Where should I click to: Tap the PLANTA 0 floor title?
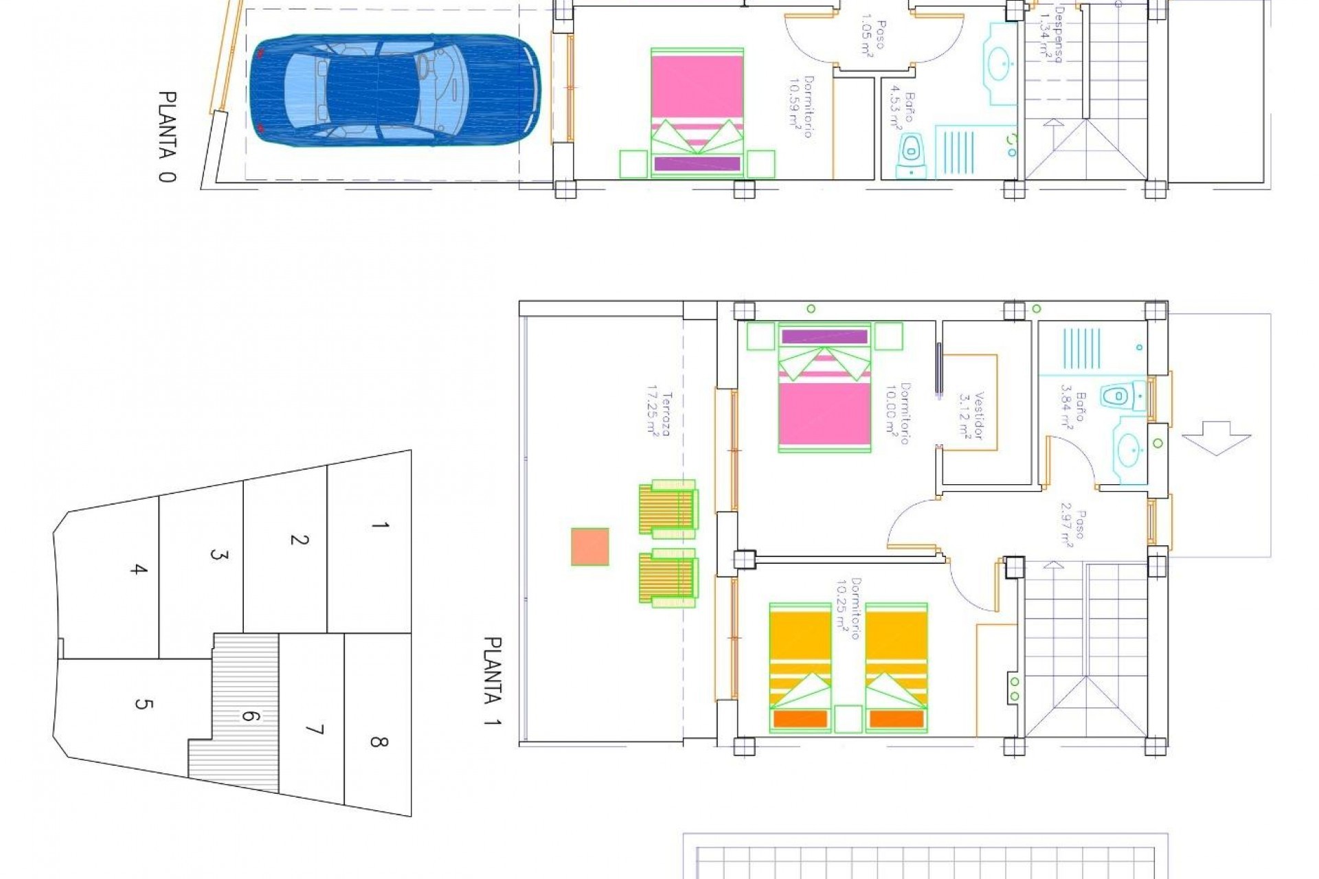tap(167, 137)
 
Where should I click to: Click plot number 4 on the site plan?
tap(139, 569)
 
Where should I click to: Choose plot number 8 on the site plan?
tap(379, 742)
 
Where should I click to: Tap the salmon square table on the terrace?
tap(590, 547)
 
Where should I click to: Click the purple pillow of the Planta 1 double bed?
tap(824, 336)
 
